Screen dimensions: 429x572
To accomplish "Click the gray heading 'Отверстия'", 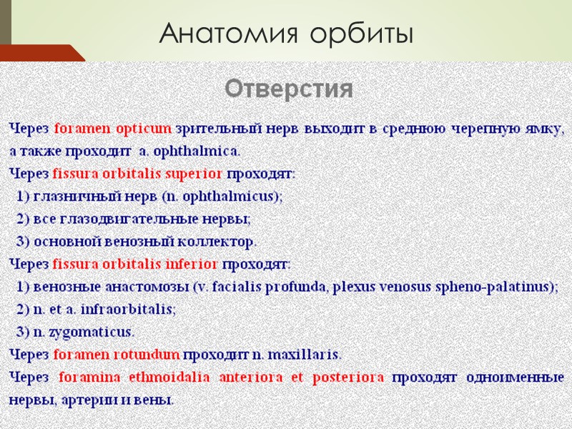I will coord(290,89).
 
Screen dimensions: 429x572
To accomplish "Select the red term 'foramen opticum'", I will coord(112,129).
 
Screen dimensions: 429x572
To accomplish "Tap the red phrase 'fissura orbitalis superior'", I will coord(138,173).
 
